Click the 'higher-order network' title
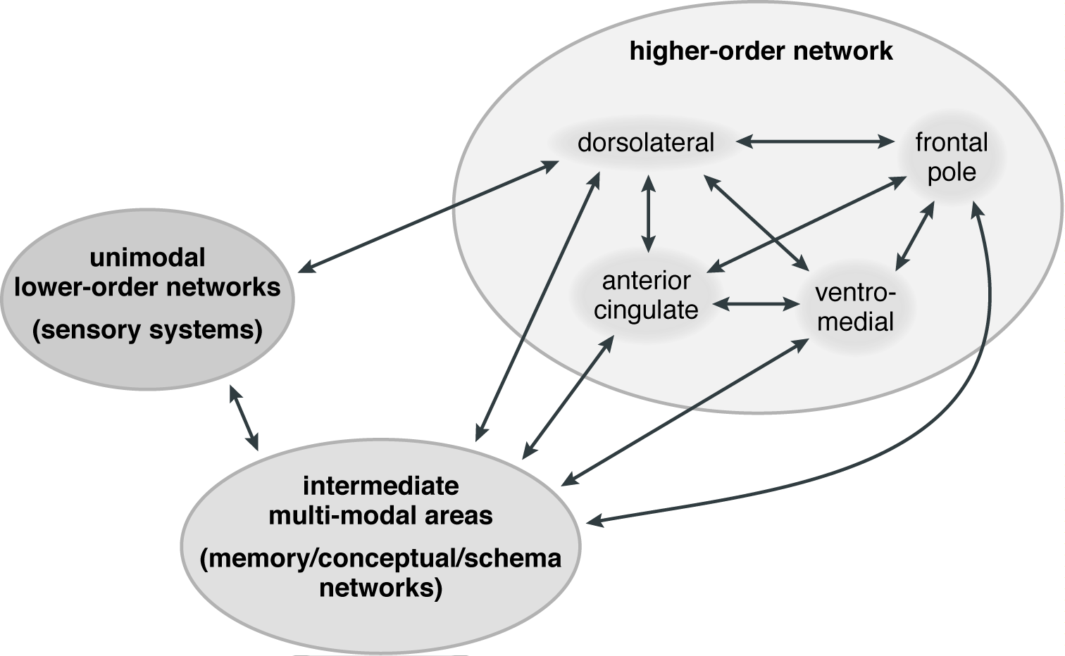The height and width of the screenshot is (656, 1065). pyautogui.click(x=761, y=51)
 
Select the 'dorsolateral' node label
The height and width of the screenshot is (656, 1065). pyautogui.click(x=645, y=143)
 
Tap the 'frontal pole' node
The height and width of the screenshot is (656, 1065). pyautogui.click(x=951, y=157)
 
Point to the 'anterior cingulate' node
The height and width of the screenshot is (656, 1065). pyautogui.click(x=645, y=296)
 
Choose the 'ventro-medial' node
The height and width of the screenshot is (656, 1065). pyautogui.click(x=854, y=307)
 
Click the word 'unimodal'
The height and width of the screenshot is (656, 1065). pyautogui.click(x=147, y=258)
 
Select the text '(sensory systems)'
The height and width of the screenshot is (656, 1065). pyautogui.click(x=147, y=329)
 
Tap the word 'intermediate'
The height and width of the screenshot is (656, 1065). pyautogui.click(x=380, y=486)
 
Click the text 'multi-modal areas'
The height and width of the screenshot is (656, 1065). pyautogui.click(x=380, y=515)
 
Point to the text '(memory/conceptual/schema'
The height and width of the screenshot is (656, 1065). pyautogui.click(x=380, y=558)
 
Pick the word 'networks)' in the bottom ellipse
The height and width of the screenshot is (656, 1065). pyautogui.click(x=380, y=587)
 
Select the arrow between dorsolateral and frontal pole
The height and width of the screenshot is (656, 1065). pyautogui.click(x=814, y=142)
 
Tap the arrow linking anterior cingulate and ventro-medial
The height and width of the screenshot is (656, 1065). pyautogui.click(x=754, y=305)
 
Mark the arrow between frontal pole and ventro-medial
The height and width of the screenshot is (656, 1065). pyautogui.click(x=914, y=236)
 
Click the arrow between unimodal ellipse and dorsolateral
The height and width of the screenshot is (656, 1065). pyautogui.click(x=430, y=215)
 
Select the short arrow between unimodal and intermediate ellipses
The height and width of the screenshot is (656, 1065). pyautogui.click(x=244, y=417)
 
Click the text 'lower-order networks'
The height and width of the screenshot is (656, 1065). pyautogui.click(x=147, y=287)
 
